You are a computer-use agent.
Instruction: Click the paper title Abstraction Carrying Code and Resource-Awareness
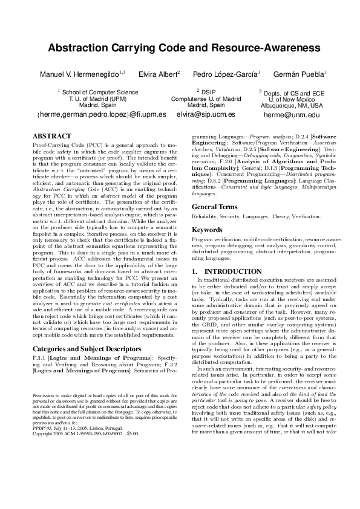(x=180, y=47)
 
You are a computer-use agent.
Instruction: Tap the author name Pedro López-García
(x=226, y=74)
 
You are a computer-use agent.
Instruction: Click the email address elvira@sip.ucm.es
(x=206, y=114)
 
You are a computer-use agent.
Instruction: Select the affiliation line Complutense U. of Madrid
(x=206, y=99)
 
